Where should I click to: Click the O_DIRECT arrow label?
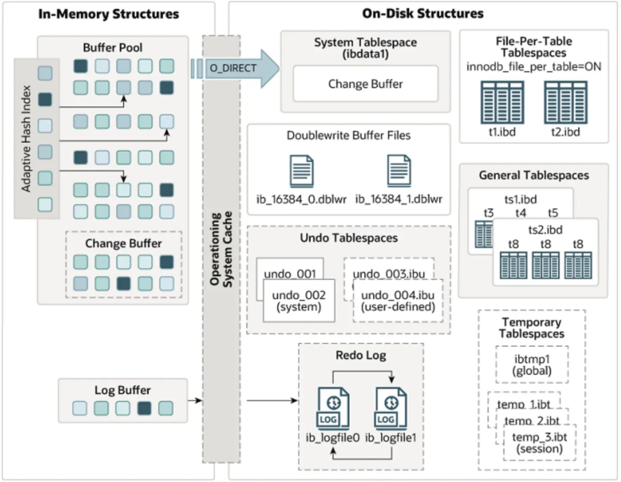[233, 68]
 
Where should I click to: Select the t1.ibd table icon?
[502, 103]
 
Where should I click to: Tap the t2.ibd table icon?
[565, 103]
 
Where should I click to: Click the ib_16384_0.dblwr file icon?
[302, 171]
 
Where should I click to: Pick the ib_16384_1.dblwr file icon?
[399, 171]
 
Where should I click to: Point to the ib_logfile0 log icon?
[333, 409]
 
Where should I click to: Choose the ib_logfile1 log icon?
[391, 409]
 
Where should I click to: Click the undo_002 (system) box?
[299, 301]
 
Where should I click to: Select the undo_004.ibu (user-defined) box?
[398, 301]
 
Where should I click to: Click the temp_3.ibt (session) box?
[540, 443]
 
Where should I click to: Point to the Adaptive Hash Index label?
[26, 138]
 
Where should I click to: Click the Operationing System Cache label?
[221, 249]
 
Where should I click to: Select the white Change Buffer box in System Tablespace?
[365, 84]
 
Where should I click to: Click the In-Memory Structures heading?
[108, 14]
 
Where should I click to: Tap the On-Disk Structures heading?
[423, 14]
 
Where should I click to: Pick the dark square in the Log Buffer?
[144, 408]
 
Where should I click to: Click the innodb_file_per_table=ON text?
[534, 67]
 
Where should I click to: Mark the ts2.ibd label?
[545, 230]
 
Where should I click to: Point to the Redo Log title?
[361, 356]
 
